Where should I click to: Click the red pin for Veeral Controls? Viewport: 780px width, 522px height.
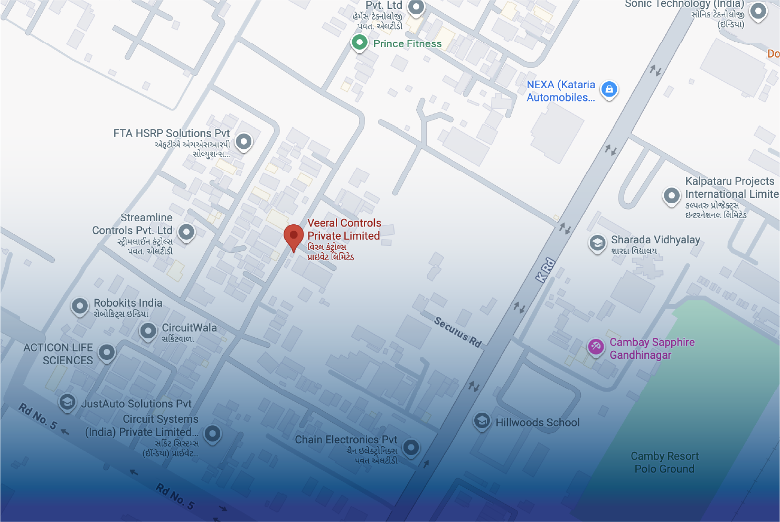294,235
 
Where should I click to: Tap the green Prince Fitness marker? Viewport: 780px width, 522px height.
360,42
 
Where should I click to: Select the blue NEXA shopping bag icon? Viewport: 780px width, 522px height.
609,89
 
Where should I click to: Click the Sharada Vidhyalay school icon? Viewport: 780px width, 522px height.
597,243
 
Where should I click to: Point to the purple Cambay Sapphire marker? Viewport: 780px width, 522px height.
596,346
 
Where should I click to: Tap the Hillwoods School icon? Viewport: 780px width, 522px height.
482,421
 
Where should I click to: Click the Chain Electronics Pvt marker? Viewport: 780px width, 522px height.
411,448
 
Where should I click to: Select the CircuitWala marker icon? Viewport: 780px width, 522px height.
148,331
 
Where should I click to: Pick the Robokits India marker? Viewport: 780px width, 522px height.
80,306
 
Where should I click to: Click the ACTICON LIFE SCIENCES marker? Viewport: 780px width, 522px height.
107,352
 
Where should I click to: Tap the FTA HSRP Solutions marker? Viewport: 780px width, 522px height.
243,141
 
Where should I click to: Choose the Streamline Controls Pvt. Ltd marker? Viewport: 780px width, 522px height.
186,231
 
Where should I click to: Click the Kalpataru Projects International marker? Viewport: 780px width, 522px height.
671,195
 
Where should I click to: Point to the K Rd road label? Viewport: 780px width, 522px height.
546,270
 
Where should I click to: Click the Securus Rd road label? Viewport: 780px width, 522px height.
457,332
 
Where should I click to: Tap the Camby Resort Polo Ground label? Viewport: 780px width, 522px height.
664,462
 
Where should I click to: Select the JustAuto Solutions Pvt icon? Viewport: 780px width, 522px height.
67,402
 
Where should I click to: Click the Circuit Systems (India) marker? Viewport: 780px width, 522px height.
212,433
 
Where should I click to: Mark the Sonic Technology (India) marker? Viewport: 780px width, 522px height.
758,11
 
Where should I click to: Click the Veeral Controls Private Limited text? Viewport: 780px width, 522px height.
344,230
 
